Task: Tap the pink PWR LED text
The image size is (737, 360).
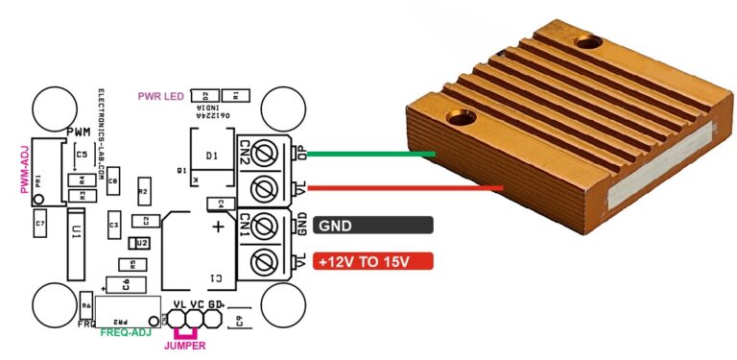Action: pyautogui.click(x=161, y=95)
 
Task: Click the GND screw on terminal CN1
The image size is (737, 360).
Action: pyautogui.click(x=270, y=227)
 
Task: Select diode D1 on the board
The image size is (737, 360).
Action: pyautogui.click(x=212, y=156)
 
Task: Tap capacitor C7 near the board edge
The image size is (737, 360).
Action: pyautogui.click(x=39, y=226)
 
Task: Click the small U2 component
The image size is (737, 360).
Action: pyautogui.click(x=142, y=243)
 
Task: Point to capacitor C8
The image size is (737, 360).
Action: pyautogui.click(x=112, y=180)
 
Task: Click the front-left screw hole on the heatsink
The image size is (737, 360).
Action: pyautogui.click(x=460, y=120)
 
